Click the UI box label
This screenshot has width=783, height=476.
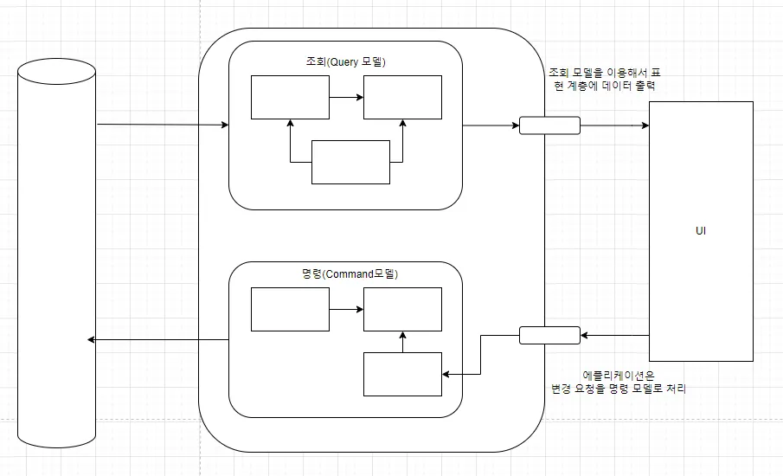coord(701,232)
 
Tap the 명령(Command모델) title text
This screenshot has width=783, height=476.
coord(344,273)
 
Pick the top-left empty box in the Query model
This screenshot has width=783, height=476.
coord(290,97)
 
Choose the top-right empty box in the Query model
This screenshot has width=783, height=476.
coord(402,97)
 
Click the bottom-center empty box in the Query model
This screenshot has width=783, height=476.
coord(350,162)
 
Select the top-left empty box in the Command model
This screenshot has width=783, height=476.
coord(290,309)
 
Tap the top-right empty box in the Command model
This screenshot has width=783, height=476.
coord(402,309)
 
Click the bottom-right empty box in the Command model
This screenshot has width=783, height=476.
coord(402,374)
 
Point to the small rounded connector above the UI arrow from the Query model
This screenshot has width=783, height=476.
coord(549,125)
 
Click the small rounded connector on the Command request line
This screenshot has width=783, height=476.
coord(549,335)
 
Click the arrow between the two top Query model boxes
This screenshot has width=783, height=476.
coord(346,97)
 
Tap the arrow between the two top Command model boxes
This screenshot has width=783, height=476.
coord(346,309)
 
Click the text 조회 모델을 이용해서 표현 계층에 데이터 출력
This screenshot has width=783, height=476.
coord(606,80)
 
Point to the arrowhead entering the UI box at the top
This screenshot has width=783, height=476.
coord(644,125)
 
